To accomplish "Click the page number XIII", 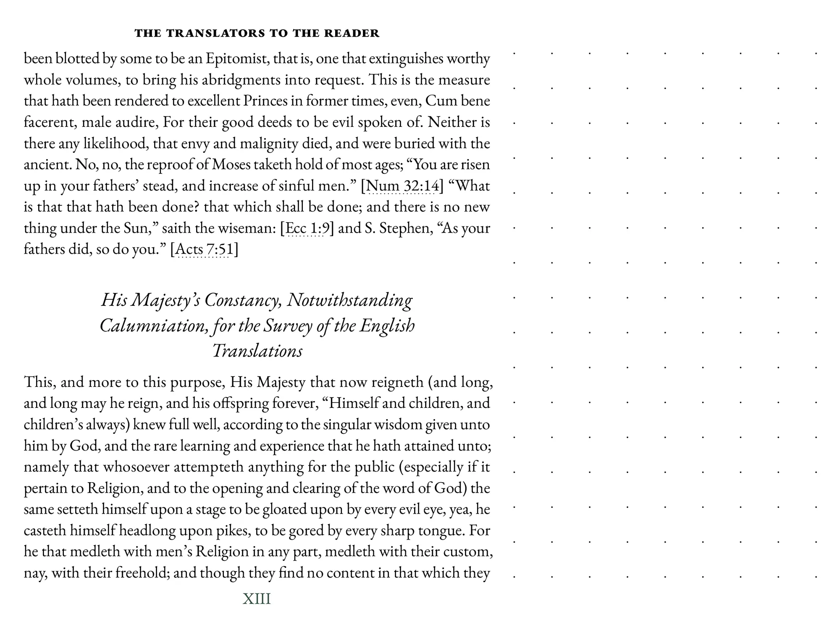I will pos(257,598).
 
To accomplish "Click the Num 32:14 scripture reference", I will pos(402,186).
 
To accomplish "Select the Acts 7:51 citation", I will pos(204,249).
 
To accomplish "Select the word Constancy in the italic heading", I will pos(243,300).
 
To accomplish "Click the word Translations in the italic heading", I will pos(257,351).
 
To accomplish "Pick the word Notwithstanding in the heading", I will pos(349,300).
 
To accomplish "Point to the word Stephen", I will pos(406,228).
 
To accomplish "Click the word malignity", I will pos(269,144).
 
